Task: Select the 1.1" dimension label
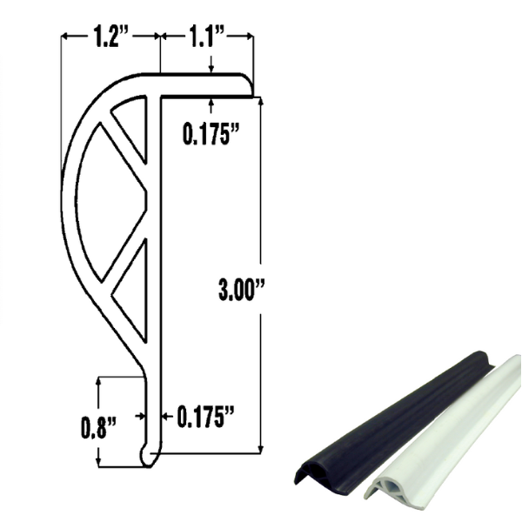[206, 37]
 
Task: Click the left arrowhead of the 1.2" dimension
[64, 37]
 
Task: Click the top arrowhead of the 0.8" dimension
[101, 380]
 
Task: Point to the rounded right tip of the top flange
[251, 85]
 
